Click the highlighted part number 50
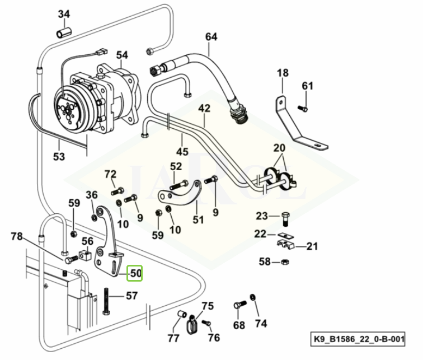tap(135, 273)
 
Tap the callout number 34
tap(64, 14)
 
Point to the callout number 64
tap(211, 37)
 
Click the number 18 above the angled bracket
tap(283, 73)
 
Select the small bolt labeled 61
tap(303, 107)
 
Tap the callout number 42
tap(204, 107)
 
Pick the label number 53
tap(59, 156)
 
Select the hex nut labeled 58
tap(284, 261)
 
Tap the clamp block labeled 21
tap(288, 244)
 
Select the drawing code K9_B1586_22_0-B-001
tap(359, 339)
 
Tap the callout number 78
tap(17, 236)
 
